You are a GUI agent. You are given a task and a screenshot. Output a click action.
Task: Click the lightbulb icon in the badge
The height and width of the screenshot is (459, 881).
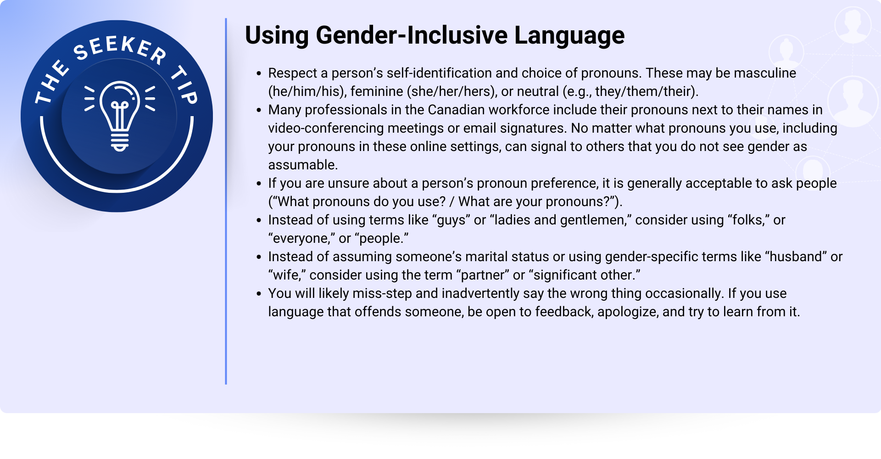pyautogui.click(x=120, y=116)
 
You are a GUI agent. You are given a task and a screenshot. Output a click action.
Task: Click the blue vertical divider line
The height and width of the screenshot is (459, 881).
pyautogui.click(x=226, y=201)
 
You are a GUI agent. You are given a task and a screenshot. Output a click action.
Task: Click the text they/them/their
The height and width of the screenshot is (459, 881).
pyautogui.click(x=643, y=92)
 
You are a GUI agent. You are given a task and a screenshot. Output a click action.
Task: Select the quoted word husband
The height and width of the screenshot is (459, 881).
pyautogui.click(x=796, y=257)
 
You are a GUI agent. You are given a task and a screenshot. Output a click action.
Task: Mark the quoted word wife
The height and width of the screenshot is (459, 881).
pyautogui.click(x=287, y=275)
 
